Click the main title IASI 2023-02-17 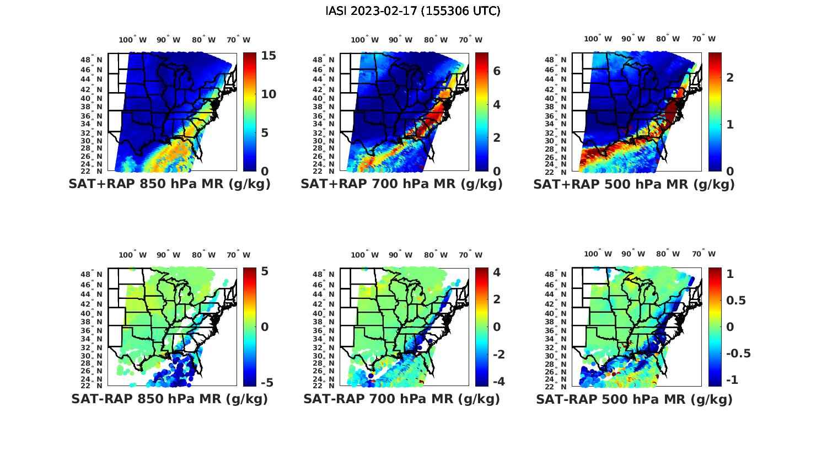pyautogui.click(x=413, y=11)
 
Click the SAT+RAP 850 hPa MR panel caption pyautogui.click(x=169, y=184)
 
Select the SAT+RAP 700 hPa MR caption pyautogui.click(x=401, y=184)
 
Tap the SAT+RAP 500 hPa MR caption pyautogui.click(x=633, y=184)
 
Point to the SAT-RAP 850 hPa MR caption pyautogui.click(x=169, y=399)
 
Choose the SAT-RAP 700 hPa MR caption pyautogui.click(x=401, y=399)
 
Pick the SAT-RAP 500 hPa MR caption pyautogui.click(x=633, y=399)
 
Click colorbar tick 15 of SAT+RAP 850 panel pyautogui.click(x=268, y=56)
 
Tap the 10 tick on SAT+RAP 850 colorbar pyautogui.click(x=268, y=94)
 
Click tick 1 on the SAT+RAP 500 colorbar pyautogui.click(x=730, y=125)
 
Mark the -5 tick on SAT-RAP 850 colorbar pyautogui.click(x=266, y=382)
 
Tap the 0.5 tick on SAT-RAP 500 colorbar pyautogui.click(x=736, y=300)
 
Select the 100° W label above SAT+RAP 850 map pyautogui.click(x=132, y=40)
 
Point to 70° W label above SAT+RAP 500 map pyautogui.click(x=704, y=39)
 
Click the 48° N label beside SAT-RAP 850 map pyautogui.click(x=92, y=275)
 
